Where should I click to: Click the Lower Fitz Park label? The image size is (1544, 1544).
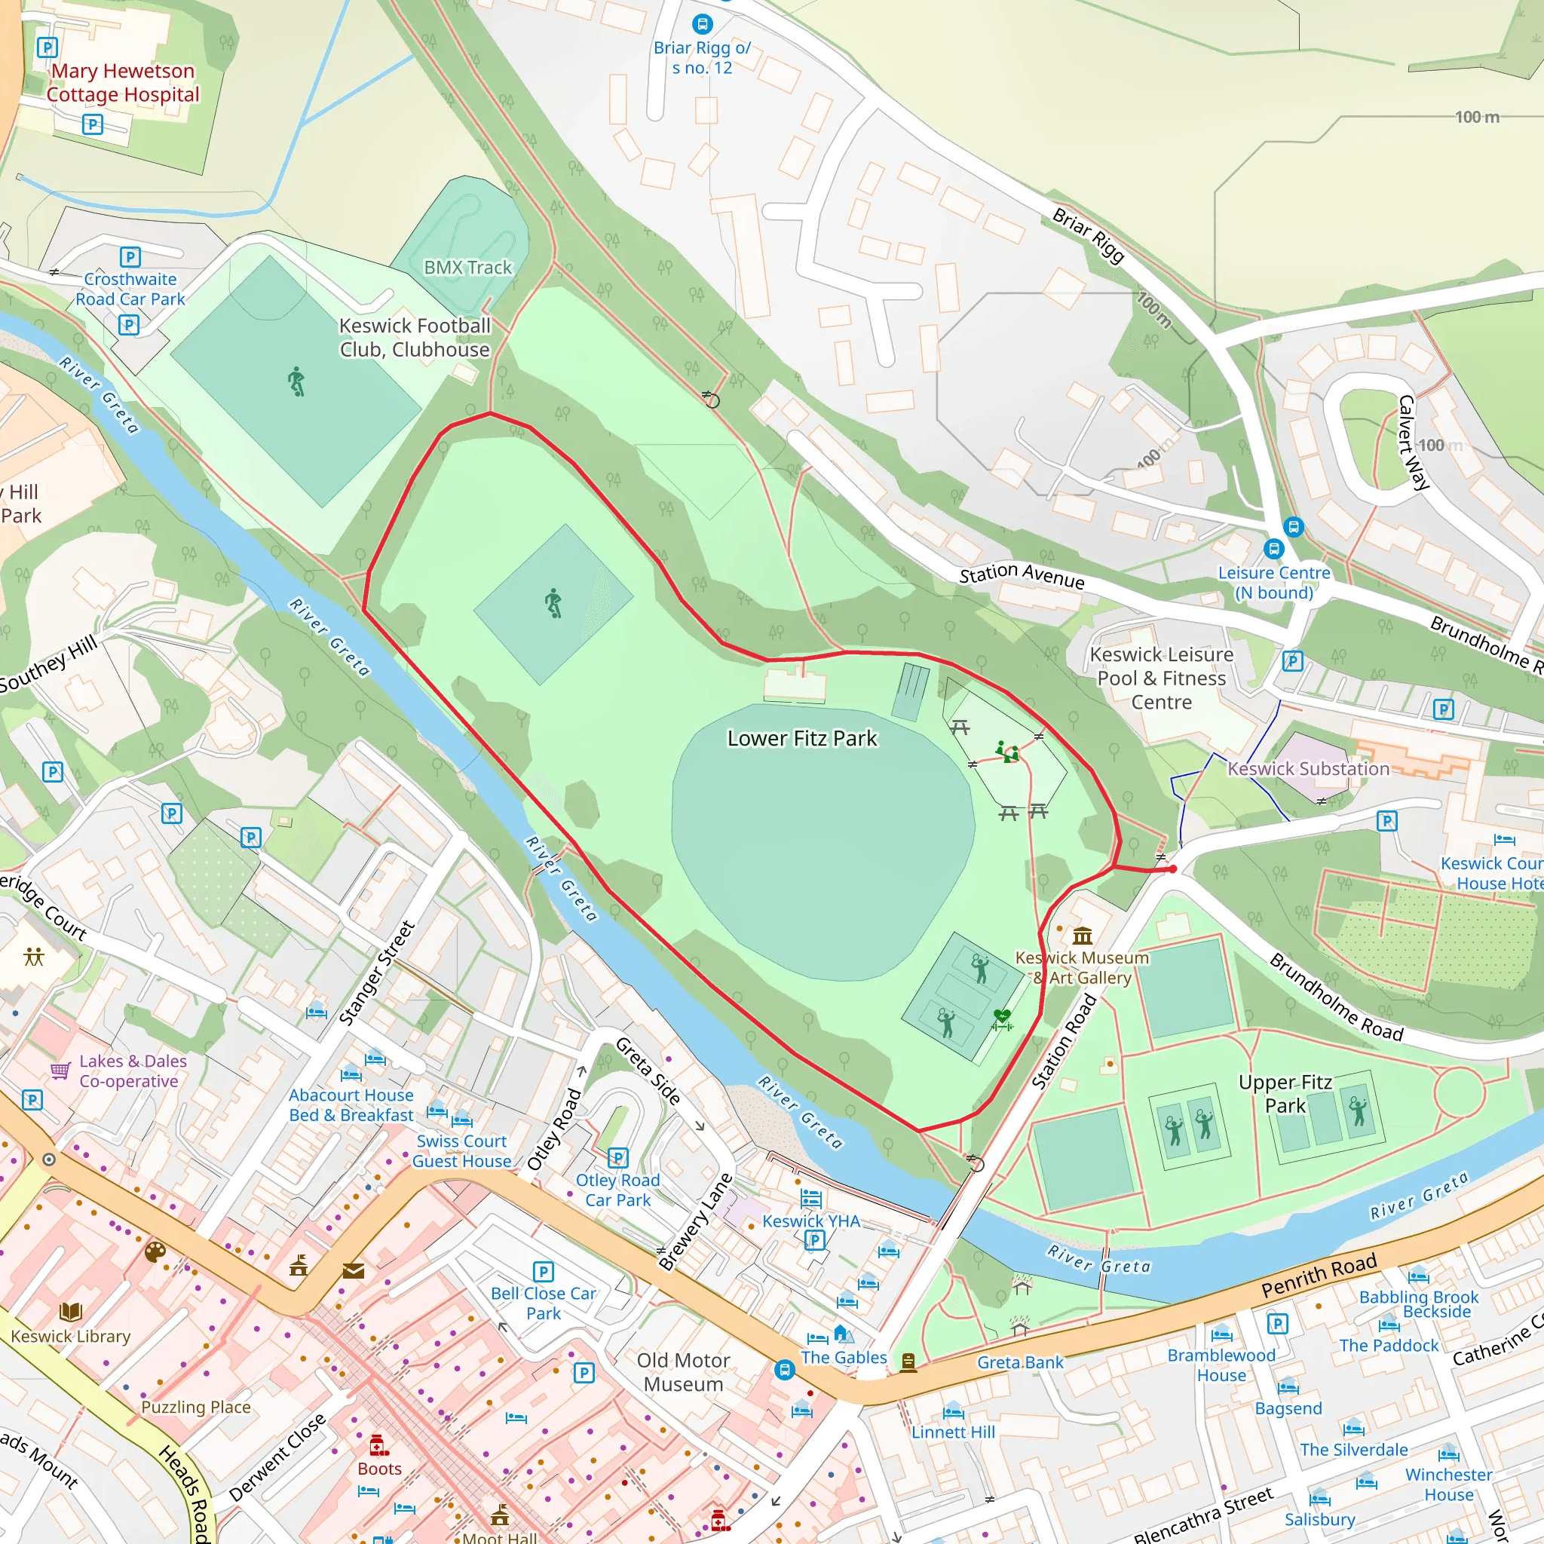click(x=801, y=738)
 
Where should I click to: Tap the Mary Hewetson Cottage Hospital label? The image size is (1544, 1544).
click(x=122, y=82)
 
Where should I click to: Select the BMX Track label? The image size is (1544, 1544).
click(x=467, y=268)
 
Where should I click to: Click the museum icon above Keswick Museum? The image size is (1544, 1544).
click(x=1082, y=935)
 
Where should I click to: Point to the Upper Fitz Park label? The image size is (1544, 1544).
click(x=1285, y=1093)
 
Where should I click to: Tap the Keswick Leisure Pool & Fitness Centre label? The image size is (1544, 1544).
click(x=1161, y=678)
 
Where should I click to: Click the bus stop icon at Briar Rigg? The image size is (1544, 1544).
click(x=702, y=24)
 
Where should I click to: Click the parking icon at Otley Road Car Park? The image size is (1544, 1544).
click(x=617, y=1157)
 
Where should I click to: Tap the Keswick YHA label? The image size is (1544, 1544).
click(x=810, y=1221)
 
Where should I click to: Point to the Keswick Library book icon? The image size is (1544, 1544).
click(x=70, y=1312)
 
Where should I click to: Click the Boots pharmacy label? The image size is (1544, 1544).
click(x=380, y=1469)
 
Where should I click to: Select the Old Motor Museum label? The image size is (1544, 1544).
click(x=683, y=1372)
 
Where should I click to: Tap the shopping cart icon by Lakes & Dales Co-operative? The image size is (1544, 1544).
click(x=61, y=1070)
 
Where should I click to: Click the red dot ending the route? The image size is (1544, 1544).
click(x=1172, y=868)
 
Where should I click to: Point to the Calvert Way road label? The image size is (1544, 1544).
click(x=1413, y=442)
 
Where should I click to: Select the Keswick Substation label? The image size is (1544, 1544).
click(x=1308, y=769)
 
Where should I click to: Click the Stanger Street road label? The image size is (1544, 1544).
click(x=376, y=973)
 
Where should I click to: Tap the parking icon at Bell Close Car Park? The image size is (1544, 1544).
click(x=543, y=1270)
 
